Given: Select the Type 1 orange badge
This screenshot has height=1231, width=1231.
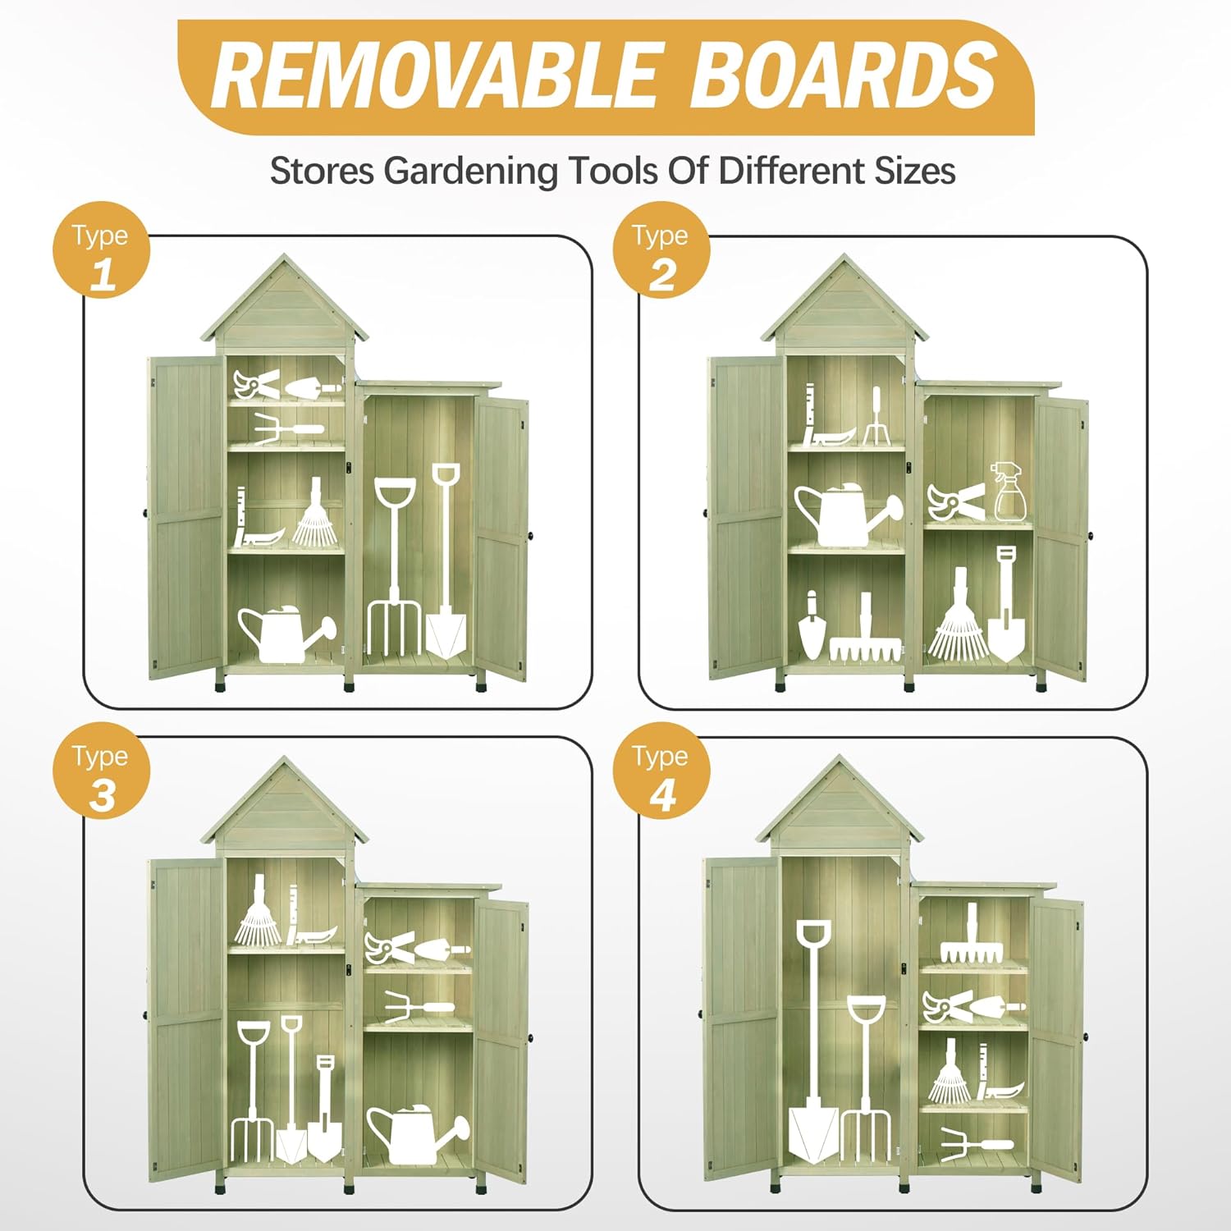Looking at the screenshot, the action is point(102,249).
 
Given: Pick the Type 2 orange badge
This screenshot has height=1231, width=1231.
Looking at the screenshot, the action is point(661,249).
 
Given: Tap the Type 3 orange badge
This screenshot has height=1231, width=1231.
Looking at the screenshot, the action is point(102,770).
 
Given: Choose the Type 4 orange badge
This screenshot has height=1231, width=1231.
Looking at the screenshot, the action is point(661,770).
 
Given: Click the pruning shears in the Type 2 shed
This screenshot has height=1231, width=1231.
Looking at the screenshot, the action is point(956,501).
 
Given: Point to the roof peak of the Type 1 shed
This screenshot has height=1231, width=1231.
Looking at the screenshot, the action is point(284,256).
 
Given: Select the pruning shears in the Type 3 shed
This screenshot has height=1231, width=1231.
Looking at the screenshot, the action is point(390,949).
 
